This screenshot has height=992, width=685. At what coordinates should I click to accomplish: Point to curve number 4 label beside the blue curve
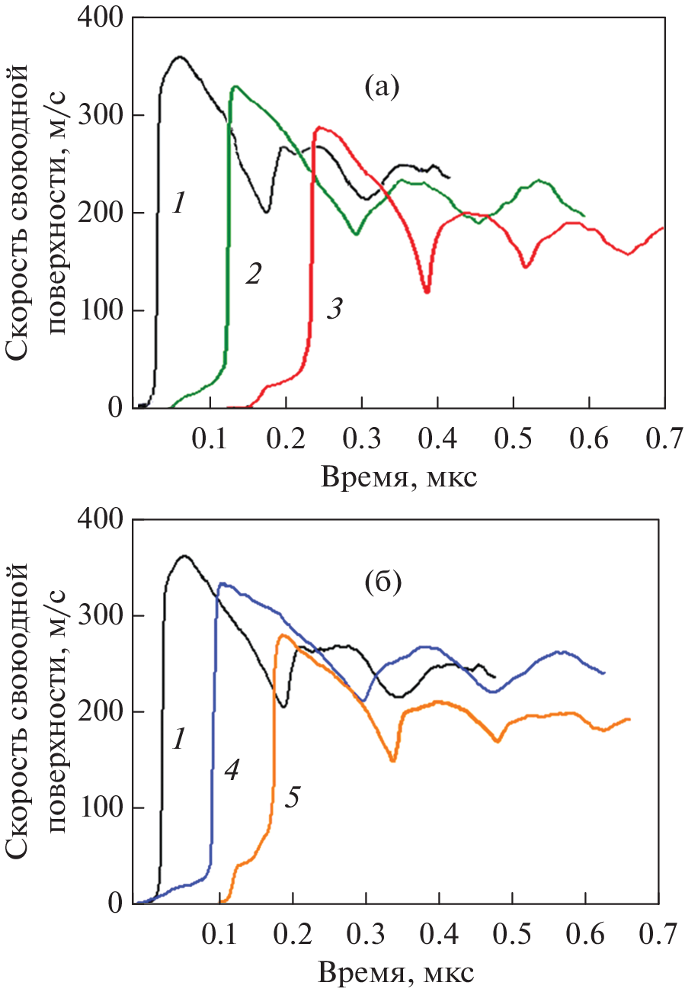pyautogui.click(x=232, y=771)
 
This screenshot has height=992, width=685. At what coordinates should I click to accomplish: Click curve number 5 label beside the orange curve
pyautogui.click(x=293, y=798)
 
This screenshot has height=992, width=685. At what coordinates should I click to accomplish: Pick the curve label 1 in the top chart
pyautogui.click(x=178, y=204)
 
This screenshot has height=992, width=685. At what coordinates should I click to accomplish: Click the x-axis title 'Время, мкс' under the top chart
pyautogui.click(x=399, y=477)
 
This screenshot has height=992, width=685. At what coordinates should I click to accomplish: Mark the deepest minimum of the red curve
pyautogui.click(x=427, y=291)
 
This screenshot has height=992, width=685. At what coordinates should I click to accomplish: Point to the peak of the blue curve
pyautogui.click(x=222, y=584)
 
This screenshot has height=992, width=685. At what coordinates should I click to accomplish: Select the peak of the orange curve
pyautogui.click(x=283, y=635)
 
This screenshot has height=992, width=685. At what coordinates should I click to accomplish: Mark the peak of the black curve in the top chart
pyautogui.click(x=180, y=57)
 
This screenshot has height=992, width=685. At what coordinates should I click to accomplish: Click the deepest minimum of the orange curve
pyautogui.click(x=393, y=760)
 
